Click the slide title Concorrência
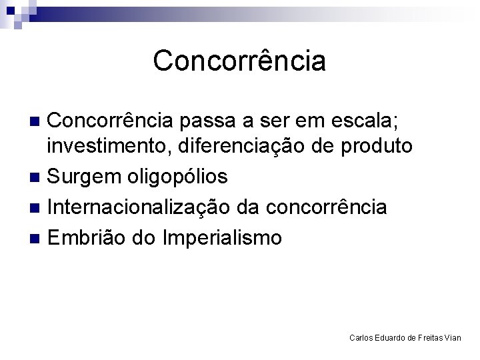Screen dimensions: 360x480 point(239,61)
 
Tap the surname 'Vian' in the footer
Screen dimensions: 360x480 point(453,338)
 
